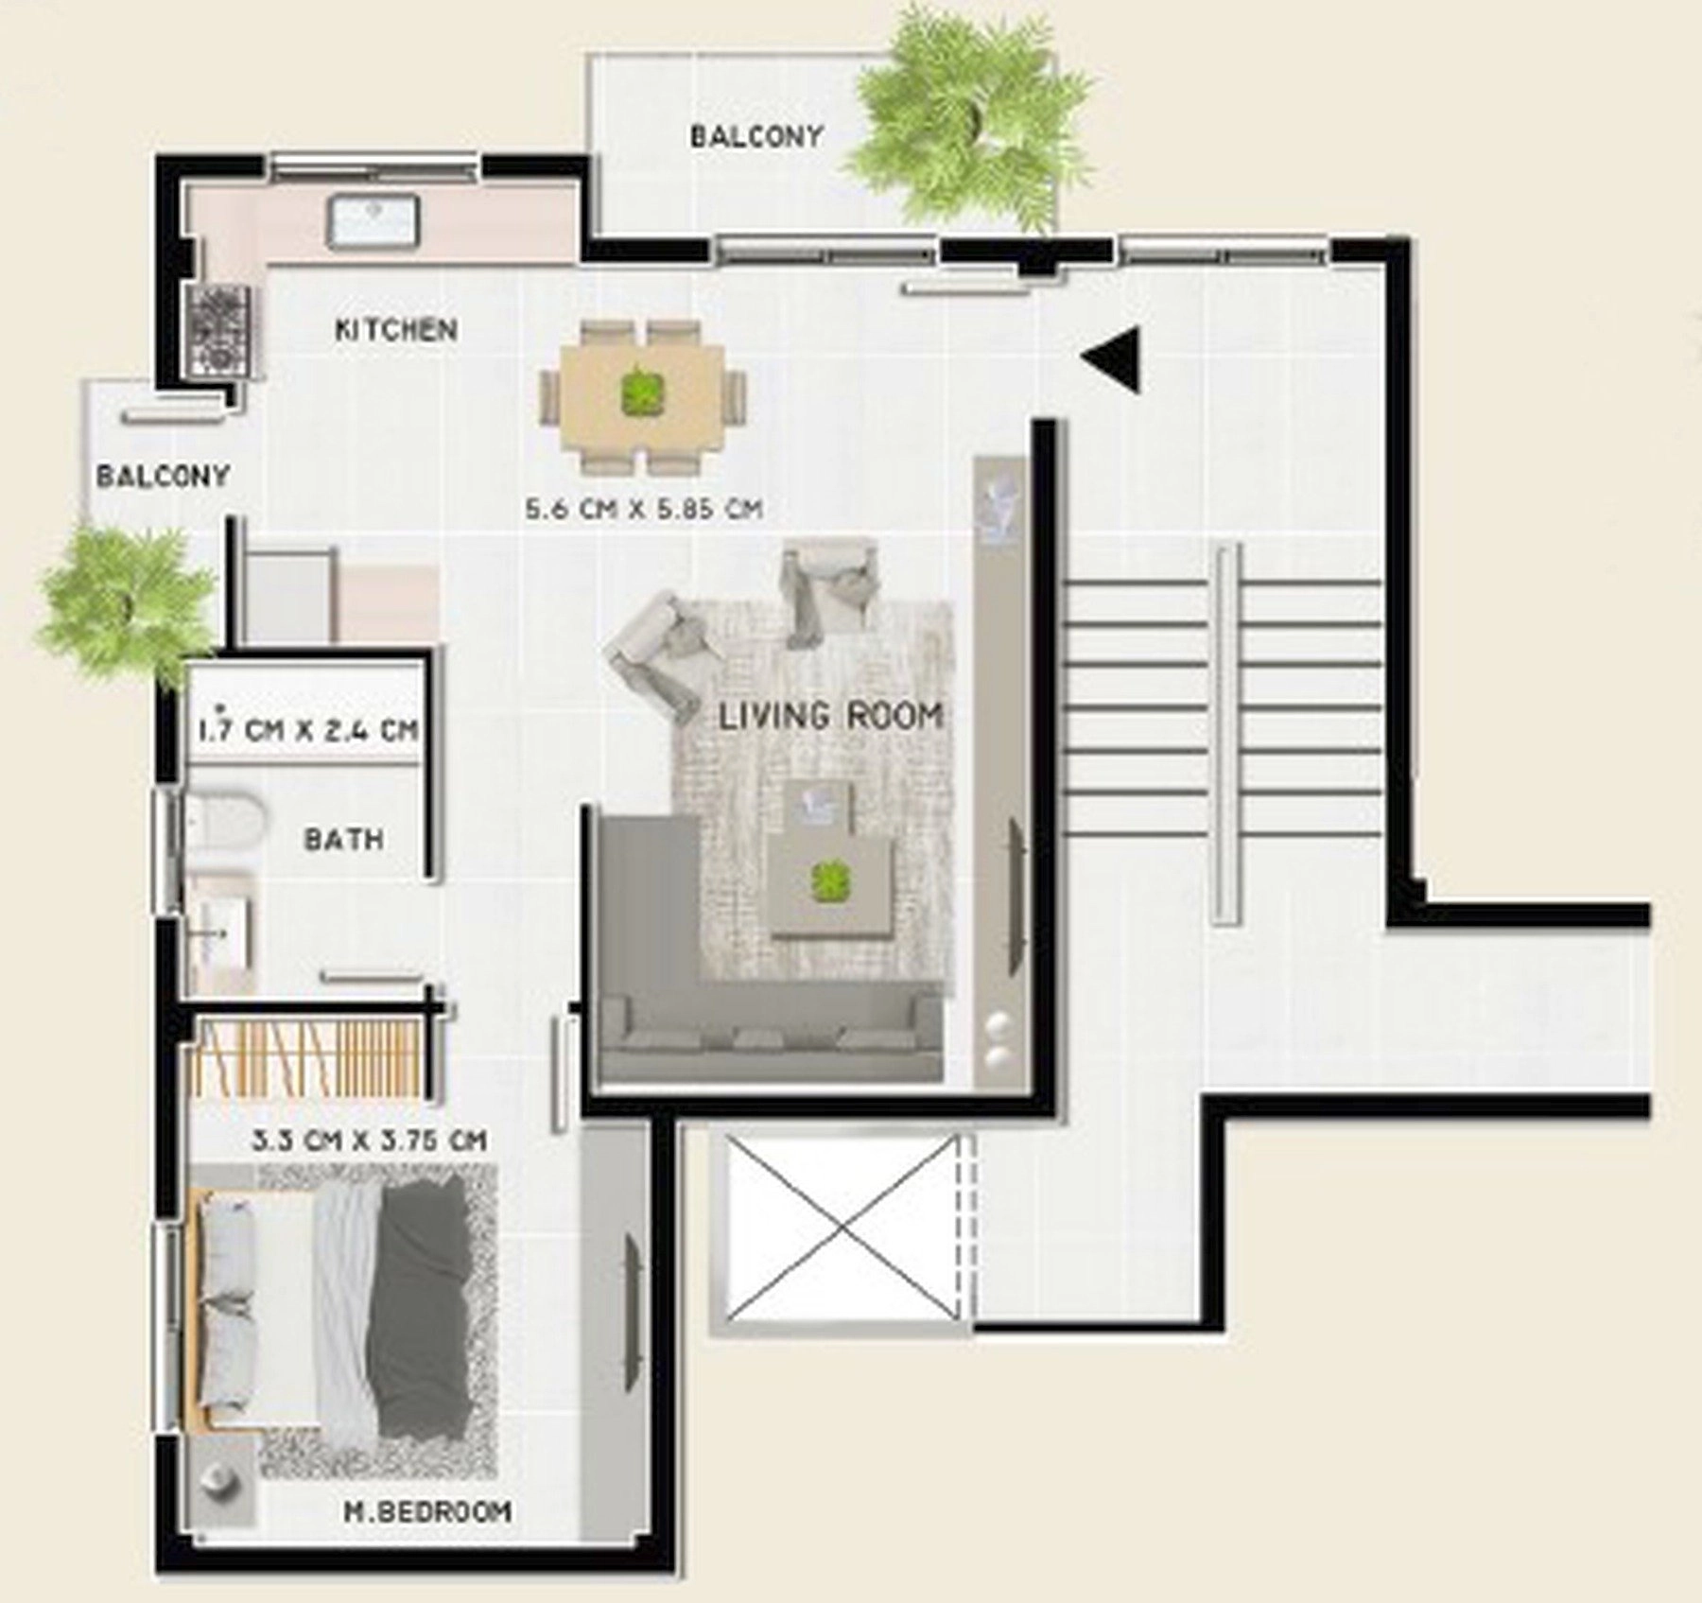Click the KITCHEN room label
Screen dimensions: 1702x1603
click(x=397, y=330)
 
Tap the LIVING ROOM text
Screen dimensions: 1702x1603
click(x=831, y=716)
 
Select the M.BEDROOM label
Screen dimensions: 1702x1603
click(x=427, y=1511)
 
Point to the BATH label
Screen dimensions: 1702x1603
click(x=343, y=839)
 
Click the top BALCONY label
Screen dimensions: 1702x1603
click(x=756, y=136)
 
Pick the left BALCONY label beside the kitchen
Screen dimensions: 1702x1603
click(x=164, y=475)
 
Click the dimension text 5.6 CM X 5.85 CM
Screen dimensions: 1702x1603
click(x=644, y=509)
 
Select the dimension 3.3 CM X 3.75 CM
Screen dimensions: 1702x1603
click(x=370, y=1140)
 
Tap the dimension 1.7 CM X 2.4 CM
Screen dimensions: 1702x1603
click(x=308, y=729)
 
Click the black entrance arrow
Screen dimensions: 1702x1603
click(x=1113, y=358)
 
